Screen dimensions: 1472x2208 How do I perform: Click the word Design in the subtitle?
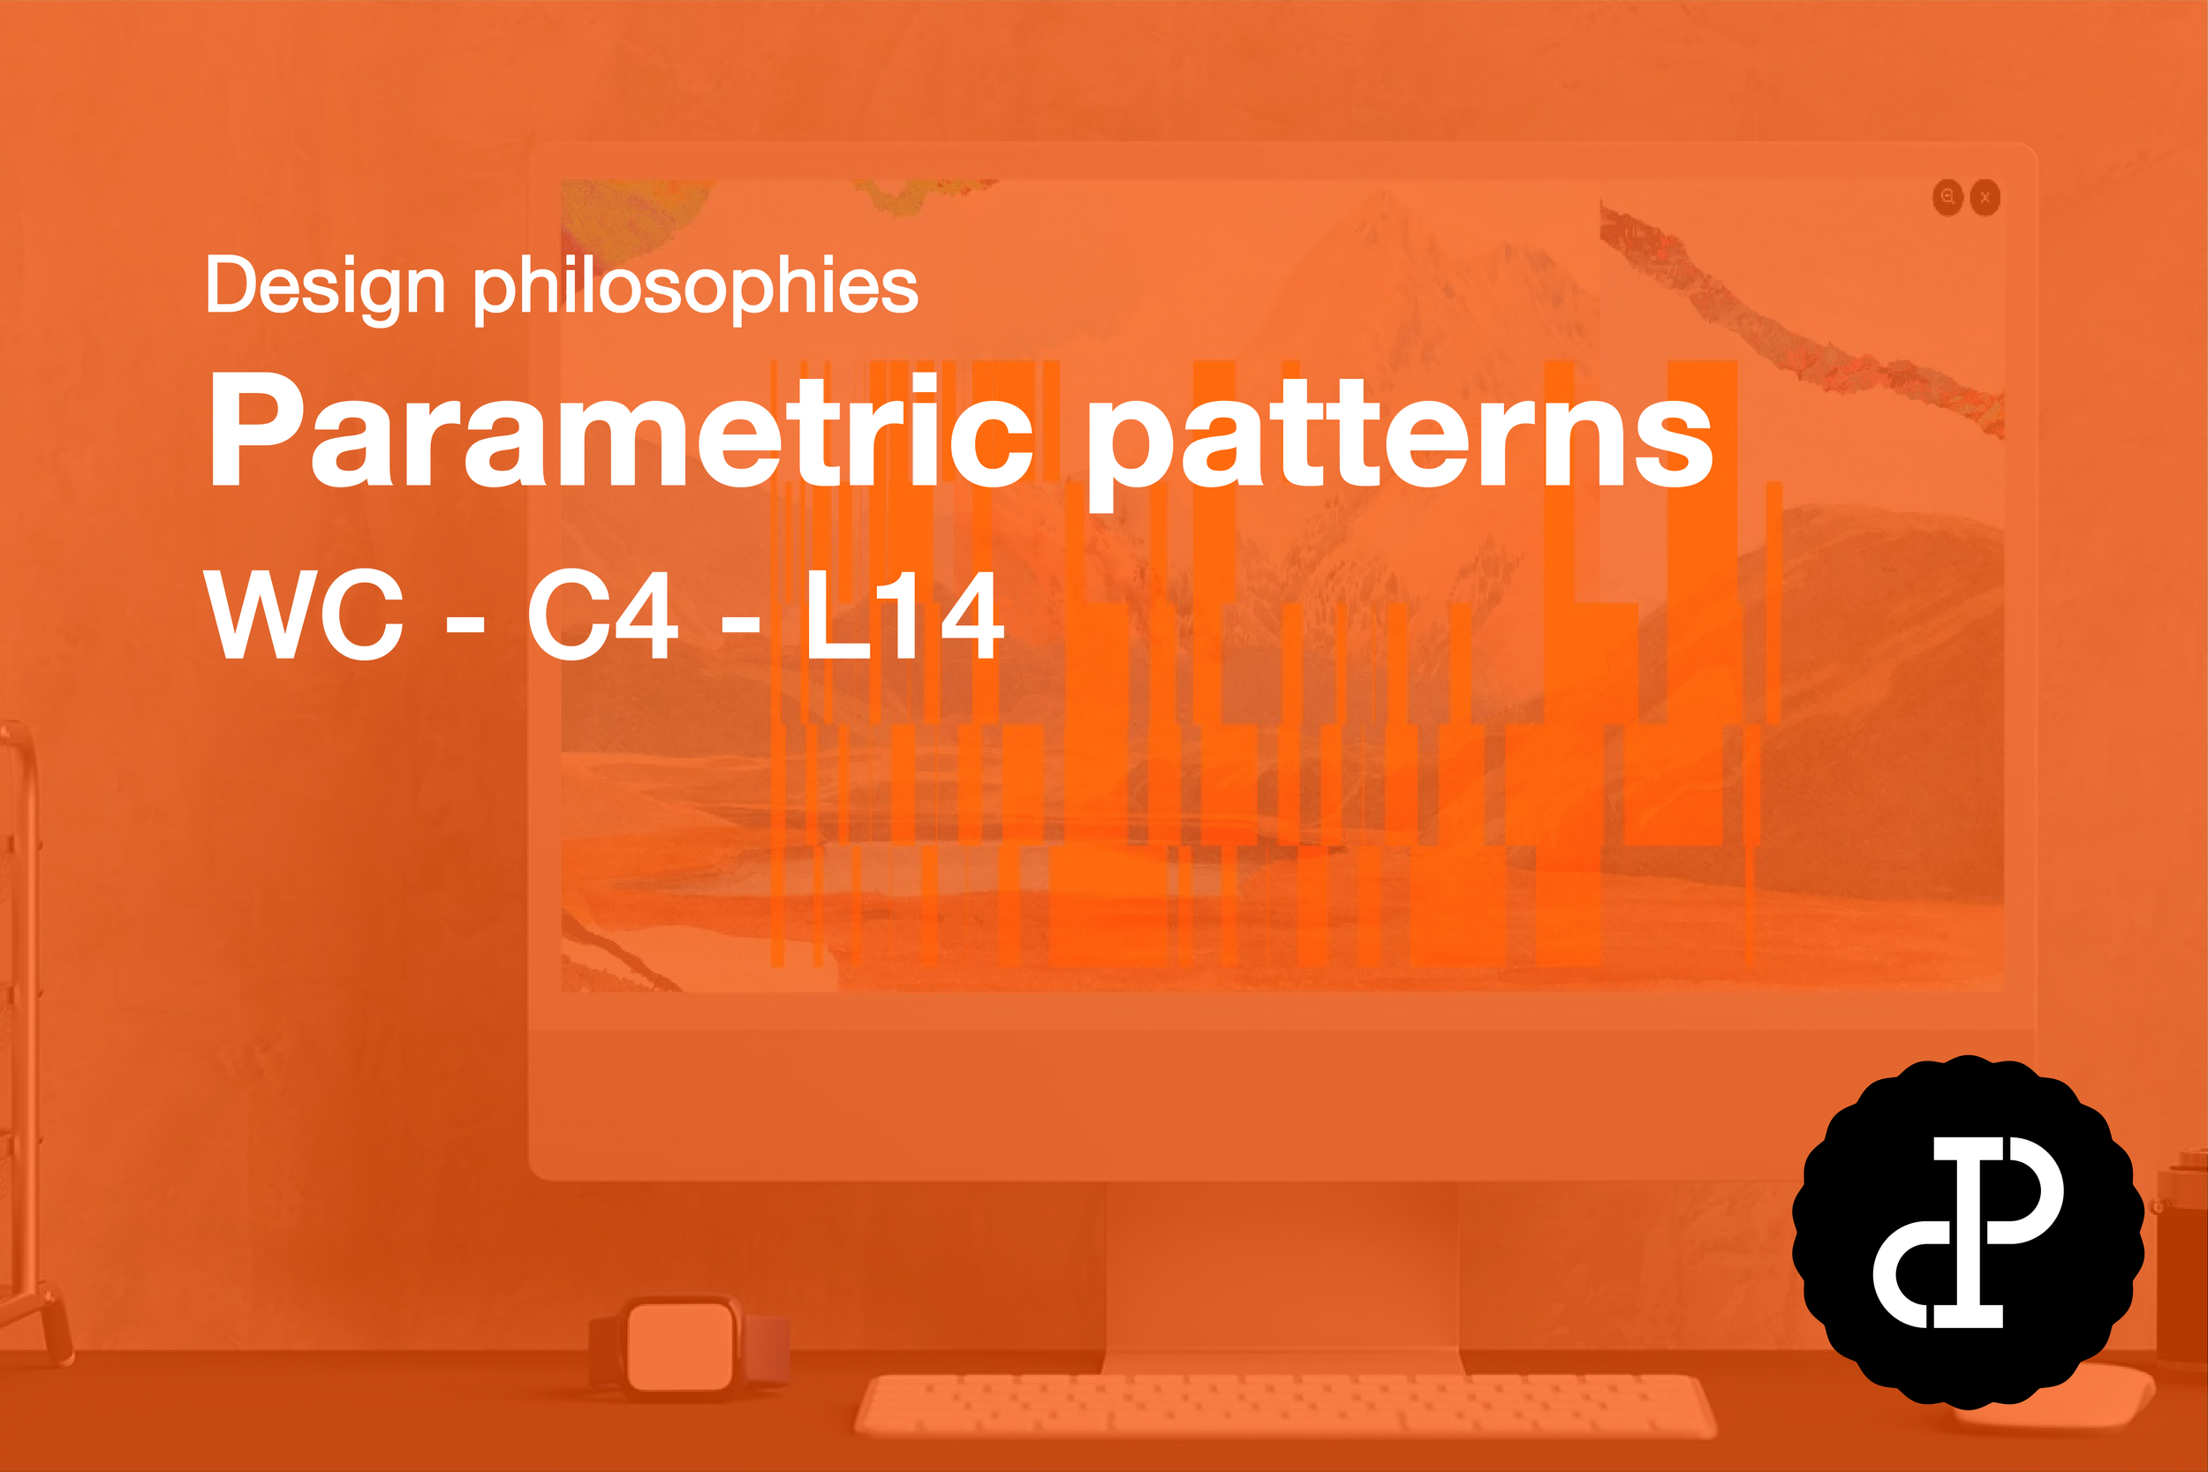pyautogui.click(x=325, y=286)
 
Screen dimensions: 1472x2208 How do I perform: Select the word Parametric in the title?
pyautogui.click(x=620, y=432)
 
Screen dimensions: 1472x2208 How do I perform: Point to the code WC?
pyautogui.click(x=303, y=615)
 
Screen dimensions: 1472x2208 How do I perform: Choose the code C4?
pyautogui.click(x=601, y=615)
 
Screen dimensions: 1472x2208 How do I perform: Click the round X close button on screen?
pyautogui.click(x=1985, y=197)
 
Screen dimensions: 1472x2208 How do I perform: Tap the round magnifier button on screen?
pyautogui.click(x=1948, y=197)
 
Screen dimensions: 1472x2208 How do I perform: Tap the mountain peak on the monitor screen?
pyautogui.click(x=1380, y=225)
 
